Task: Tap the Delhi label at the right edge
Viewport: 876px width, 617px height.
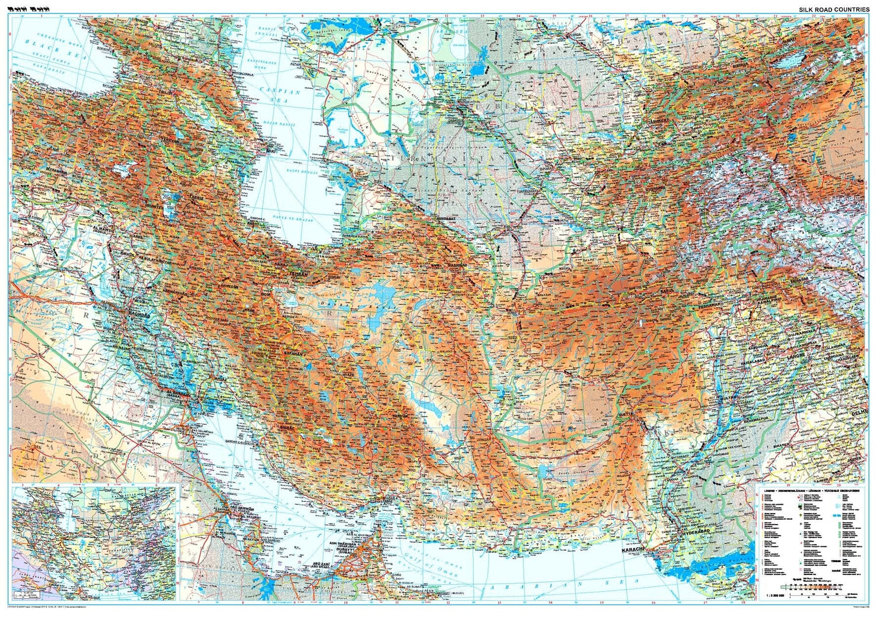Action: (860, 413)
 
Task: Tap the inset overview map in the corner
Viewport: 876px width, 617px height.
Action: (94, 543)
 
